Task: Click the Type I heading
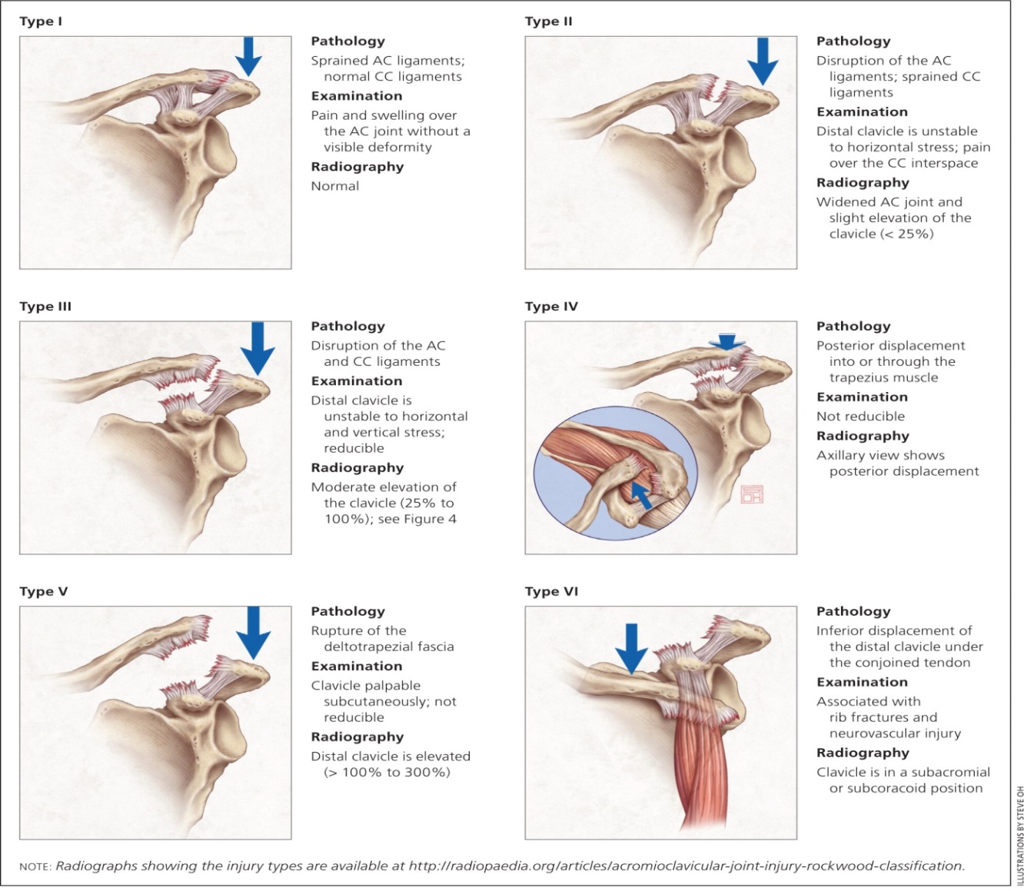point(41,22)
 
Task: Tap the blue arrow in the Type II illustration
point(762,60)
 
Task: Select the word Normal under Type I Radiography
point(335,186)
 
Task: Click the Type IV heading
point(551,307)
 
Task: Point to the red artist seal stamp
point(751,494)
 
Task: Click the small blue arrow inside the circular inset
point(640,494)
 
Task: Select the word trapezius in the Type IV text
point(883,377)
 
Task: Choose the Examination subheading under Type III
point(356,381)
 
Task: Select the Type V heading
point(44,592)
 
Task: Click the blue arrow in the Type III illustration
point(257,346)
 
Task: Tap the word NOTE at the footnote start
point(35,866)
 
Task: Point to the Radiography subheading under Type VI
point(863,753)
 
